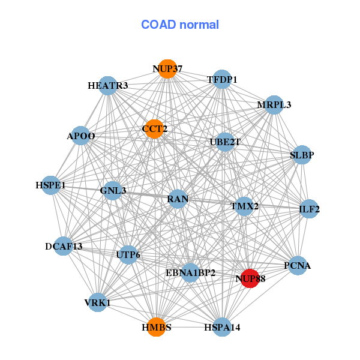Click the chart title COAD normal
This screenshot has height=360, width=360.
click(x=180, y=25)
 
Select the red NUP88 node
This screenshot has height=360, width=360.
click(x=250, y=278)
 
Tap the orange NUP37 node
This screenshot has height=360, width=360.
click(x=167, y=69)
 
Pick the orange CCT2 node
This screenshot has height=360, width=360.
click(x=154, y=129)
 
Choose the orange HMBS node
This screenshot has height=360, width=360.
click(x=156, y=327)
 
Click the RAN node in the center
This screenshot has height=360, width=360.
click(x=178, y=199)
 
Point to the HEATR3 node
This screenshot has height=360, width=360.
click(x=108, y=86)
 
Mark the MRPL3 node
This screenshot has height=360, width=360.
click(x=274, y=105)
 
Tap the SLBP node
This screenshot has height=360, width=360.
click(x=301, y=155)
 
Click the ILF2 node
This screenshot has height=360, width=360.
click(x=309, y=209)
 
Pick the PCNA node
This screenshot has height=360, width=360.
click(x=297, y=265)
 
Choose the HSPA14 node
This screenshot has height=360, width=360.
click(x=222, y=327)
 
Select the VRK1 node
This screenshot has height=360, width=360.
click(x=98, y=303)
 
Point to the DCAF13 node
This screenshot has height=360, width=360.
click(x=64, y=246)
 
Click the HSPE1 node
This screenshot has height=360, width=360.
click(x=50, y=185)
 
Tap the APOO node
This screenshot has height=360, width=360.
click(x=81, y=136)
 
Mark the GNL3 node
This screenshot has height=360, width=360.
click(x=113, y=191)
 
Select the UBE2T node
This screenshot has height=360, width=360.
click(x=225, y=142)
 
